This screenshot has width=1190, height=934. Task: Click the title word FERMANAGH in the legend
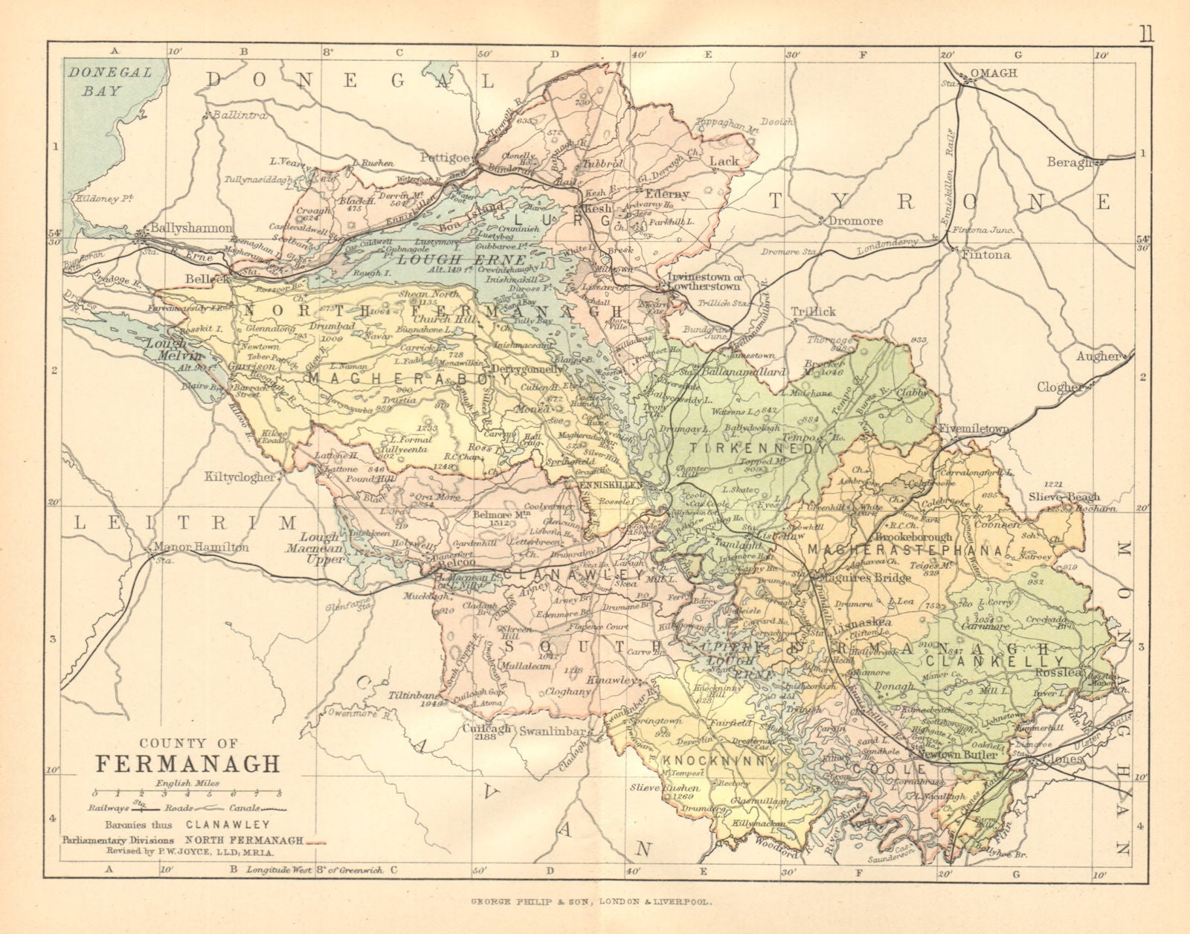(187, 764)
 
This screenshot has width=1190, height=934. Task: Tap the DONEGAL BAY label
(108, 81)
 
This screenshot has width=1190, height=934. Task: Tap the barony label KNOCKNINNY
(716, 761)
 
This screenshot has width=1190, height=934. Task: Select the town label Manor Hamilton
(201, 547)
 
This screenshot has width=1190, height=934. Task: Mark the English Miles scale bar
(187, 793)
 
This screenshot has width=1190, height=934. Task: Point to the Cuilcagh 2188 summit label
(489, 734)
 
